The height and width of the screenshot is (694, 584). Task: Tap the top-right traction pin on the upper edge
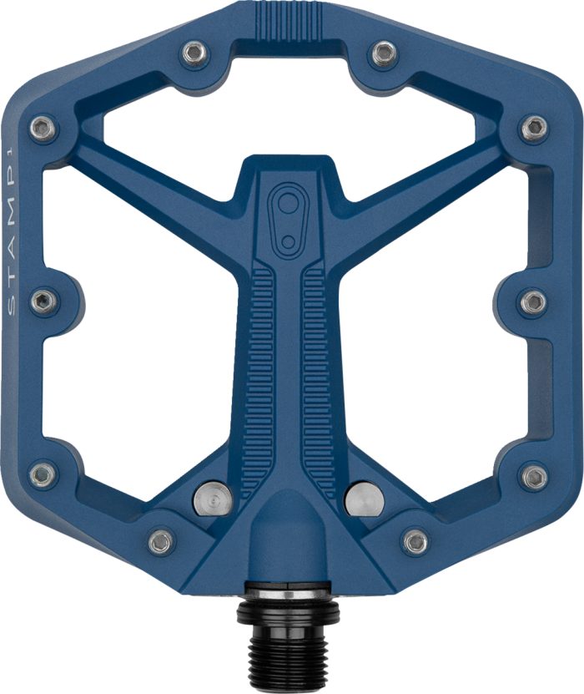tap(383, 51)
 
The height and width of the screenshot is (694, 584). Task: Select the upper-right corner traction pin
tap(534, 127)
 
